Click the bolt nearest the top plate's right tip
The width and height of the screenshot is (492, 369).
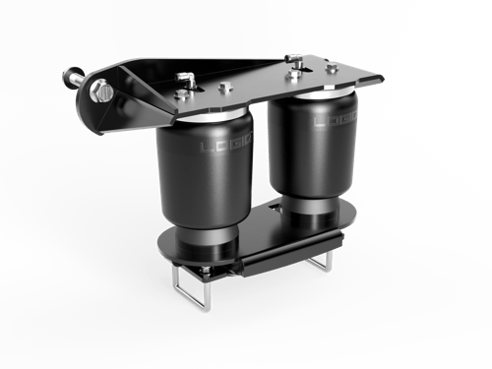[x=332, y=67]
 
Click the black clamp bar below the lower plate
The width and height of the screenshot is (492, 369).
[x=285, y=258]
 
